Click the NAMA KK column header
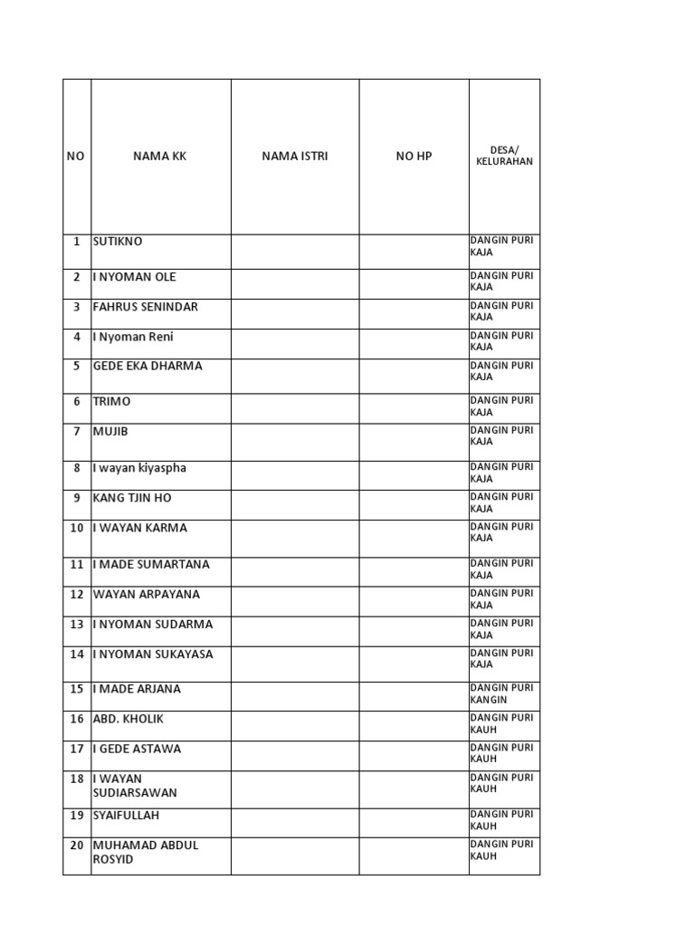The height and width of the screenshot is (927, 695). point(160,156)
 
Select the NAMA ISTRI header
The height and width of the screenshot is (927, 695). point(295,156)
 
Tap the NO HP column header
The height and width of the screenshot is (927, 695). point(414,156)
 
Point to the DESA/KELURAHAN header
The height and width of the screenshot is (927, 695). point(504,156)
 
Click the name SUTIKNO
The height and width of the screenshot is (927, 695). point(118,242)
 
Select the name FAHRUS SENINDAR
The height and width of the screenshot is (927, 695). point(145,307)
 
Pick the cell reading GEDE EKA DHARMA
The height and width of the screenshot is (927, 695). point(148,367)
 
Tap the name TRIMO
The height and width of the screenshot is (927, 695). point(111,401)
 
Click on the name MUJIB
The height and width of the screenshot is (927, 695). point(110,431)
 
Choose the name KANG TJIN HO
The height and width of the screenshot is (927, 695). point(132,498)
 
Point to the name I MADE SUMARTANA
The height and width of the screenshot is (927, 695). point(151,564)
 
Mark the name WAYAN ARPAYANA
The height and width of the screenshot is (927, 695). point(147,595)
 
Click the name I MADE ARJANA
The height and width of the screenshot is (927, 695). point(137,689)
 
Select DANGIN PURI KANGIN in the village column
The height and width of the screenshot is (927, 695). point(501,694)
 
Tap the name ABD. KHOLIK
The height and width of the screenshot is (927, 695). point(129,719)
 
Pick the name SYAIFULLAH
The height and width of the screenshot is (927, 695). point(126,815)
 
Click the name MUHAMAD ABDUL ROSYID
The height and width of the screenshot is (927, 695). point(146,852)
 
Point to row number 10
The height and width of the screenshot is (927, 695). point(77,528)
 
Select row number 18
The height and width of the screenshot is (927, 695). point(77,779)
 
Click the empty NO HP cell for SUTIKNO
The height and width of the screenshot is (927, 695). point(414,252)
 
